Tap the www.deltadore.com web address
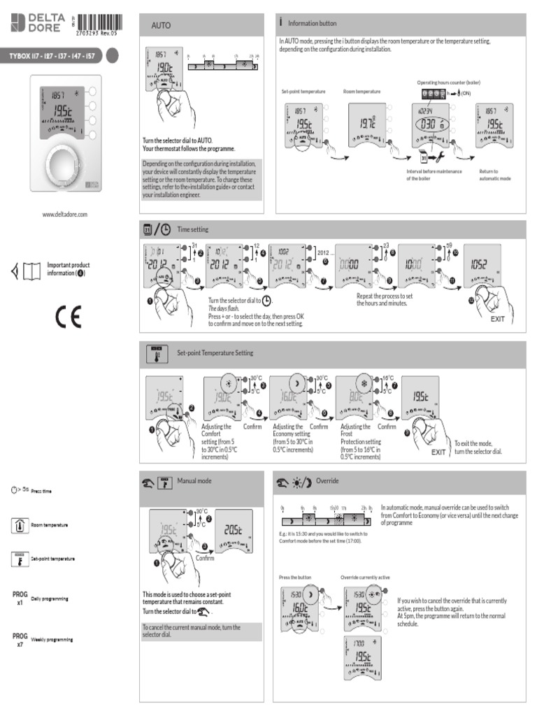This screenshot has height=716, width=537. [65, 215]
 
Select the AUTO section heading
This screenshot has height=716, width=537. [162, 25]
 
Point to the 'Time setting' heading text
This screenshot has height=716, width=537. [192, 229]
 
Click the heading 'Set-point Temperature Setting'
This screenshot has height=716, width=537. [215, 354]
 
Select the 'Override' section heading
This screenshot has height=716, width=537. [327, 481]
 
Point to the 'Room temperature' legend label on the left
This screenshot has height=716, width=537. [50, 525]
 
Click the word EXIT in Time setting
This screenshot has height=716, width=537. [497, 319]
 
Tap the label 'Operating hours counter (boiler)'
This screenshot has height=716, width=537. [448, 83]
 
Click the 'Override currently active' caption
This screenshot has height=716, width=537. [365, 578]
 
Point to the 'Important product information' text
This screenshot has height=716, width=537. [68, 269]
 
